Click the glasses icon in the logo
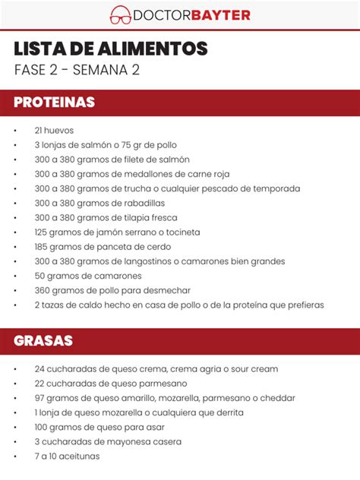[120, 14]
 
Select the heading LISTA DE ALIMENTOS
[110, 49]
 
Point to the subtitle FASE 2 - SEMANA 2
[77, 70]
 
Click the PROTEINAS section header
[54, 102]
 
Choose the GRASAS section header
[43, 341]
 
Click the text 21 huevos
[54, 131]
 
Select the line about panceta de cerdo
[103, 247]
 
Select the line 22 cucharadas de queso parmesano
[110, 384]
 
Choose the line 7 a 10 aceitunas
[67, 456]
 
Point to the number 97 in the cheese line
[39, 398]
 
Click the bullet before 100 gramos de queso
[15, 427]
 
